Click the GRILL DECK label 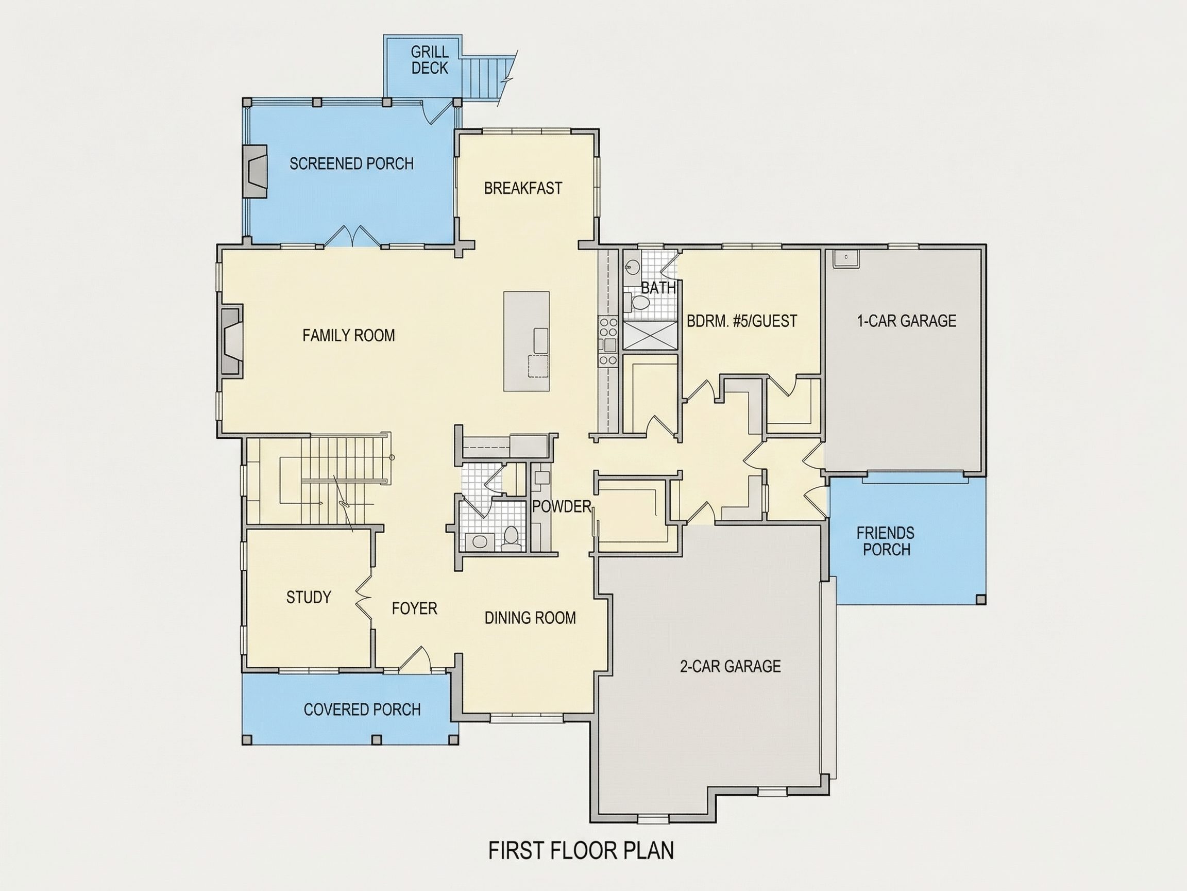click(x=429, y=60)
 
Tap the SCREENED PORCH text click(x=351, y=163)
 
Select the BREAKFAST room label click(x=523, y=188)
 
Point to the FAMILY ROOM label click(x=348, y=335)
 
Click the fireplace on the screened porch click(x=256, y=171)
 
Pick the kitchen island click(x=526, y=341)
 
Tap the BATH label click(x=658, y=288)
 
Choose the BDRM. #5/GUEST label click(x=741, y=321)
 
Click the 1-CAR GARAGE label click(x=906, y=321)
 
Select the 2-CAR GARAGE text click(x=730, y=666)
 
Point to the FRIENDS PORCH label click(x=886, y=541)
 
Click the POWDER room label click(x=562, y=506)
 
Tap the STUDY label click(x=309, y=597)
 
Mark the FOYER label click(x=414, y=608)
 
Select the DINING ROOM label click(x=530, y=618)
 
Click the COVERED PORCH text click(x=362, y=709)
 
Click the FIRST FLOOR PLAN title click(x=581, y=850)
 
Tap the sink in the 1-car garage click(x=846, y=258)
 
